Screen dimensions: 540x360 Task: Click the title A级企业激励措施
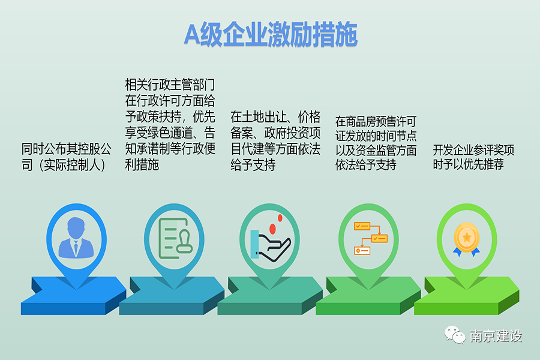pos(271,34)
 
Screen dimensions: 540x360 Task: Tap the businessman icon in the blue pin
pos(76,238)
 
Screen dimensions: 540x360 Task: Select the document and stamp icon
pos(175,238)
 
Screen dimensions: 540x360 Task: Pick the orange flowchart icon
pos(371,238)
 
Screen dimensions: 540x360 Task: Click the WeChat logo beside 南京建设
pos(455,335)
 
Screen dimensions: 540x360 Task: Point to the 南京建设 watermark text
pos(496,336)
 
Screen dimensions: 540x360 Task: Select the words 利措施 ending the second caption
pos(142,165)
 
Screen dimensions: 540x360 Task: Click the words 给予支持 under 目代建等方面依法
pos(253,165)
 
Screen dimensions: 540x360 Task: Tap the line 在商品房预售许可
pos(376,121)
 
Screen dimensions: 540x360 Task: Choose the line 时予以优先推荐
pos(469,164)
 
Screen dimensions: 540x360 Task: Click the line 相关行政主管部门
pos(170,85)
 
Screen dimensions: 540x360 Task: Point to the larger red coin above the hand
pos(272,229)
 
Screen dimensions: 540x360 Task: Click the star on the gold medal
pos(467,237)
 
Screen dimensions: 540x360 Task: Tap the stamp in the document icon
pos(184,242)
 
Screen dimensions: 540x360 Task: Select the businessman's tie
pos(76,247)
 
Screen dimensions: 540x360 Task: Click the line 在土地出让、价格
pos(275,117)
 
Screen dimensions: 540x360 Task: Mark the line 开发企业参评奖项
pos(473,150)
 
